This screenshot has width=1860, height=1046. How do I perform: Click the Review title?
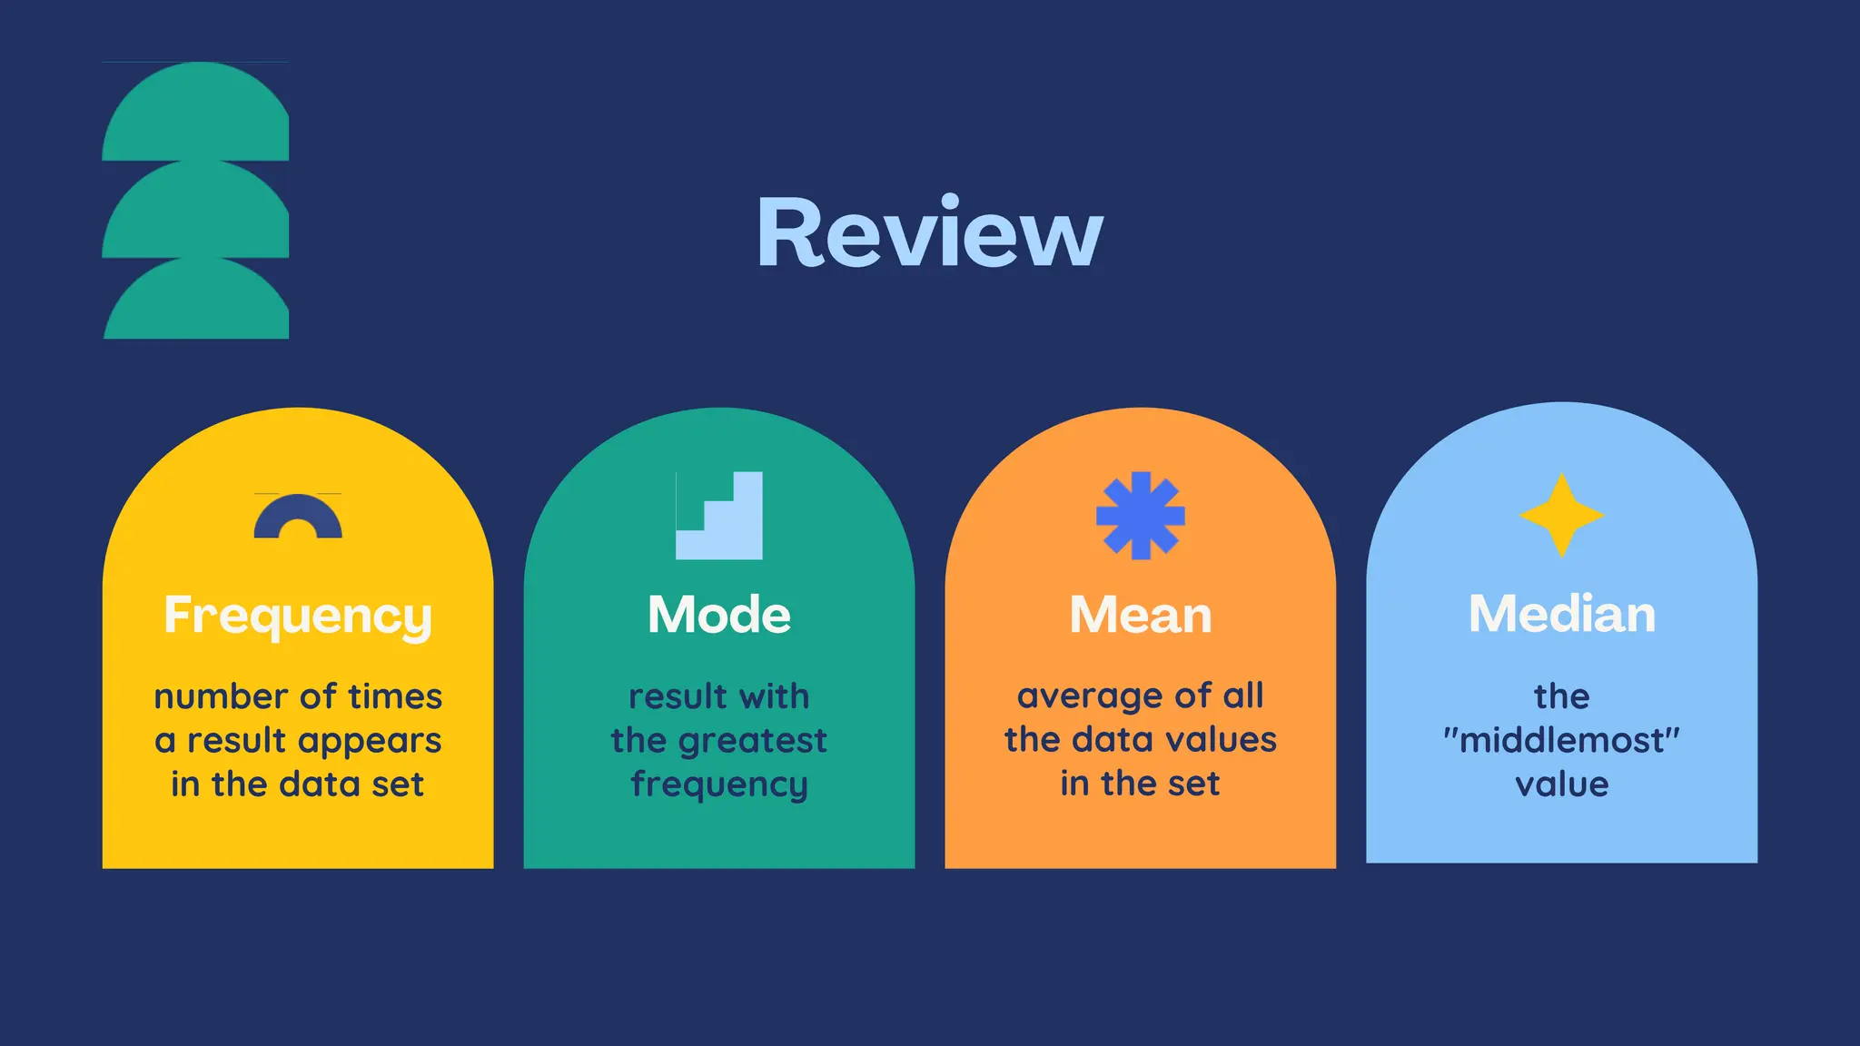pyautogui.click(x=929, y=232)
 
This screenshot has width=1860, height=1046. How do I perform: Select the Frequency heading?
pyautogui.click(x=298, y=616)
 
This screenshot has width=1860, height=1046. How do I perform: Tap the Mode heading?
pyautogui.click(x=718, y=615)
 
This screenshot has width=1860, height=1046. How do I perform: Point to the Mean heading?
pyautogui.click(x=1140, y=615)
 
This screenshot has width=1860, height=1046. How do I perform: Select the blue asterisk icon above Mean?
pyautogui.click(x=1140, y=515)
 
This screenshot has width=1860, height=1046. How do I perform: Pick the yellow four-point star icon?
pyautogui.click(x=1561, y=515)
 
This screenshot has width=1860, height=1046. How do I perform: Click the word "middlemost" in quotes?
pyautogui.click(x=1561, y=740)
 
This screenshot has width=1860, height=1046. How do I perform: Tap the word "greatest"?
pyautogui.click(x=753, y=741)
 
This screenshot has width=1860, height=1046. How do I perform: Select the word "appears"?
pyautogui.click(x=379, y=741)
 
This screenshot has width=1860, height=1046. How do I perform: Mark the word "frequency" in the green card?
pyautogui.click(x=718, y=784)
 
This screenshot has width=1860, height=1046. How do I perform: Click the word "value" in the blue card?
pyautogui.click(x=1561, y=784)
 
